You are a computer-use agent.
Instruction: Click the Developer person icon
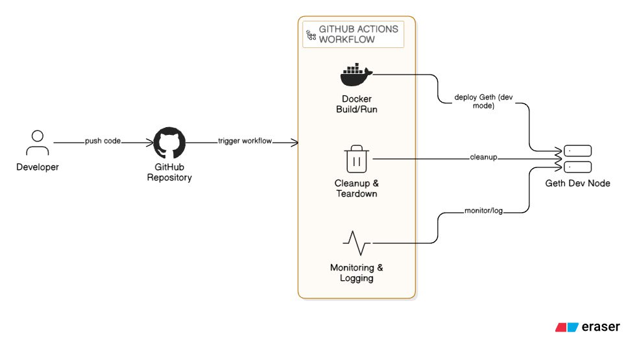click(x=38, y=143)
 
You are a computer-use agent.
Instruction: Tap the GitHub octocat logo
click(x=169, y=143)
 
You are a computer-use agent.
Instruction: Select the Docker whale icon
click(x=357, y=75)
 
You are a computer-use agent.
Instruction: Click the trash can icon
click(x=357, y=159)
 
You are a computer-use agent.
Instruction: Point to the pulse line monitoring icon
click(x=357, y=243)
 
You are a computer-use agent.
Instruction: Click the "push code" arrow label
click(x=102, y=141)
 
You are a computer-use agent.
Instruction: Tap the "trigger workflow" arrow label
click(x=245, y=141)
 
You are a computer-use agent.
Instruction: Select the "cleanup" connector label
click(x=483, y=157)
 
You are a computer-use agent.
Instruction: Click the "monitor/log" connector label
click(x=483, y=211)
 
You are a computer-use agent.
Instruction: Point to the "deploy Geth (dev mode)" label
click(x=483, y=101)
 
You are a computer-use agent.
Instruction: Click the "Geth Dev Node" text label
click(x=578, y=183)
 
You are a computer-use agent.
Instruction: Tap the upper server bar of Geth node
click(x=578, y=151)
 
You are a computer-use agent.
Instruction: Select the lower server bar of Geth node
click(x=578, y=167)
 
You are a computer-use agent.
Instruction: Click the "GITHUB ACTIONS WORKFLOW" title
click(x=358, y=34)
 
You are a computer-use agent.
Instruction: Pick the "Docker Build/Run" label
click(x=357, y=104)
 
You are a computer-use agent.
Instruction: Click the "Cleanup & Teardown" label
click(x=357, y=188)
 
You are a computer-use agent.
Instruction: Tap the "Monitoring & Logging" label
click(x=357, y=272)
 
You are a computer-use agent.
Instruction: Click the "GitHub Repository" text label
click(x=169, y=172)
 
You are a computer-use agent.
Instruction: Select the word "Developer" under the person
click(x=38, y=167)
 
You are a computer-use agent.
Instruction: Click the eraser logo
click(x=587, y=327)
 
